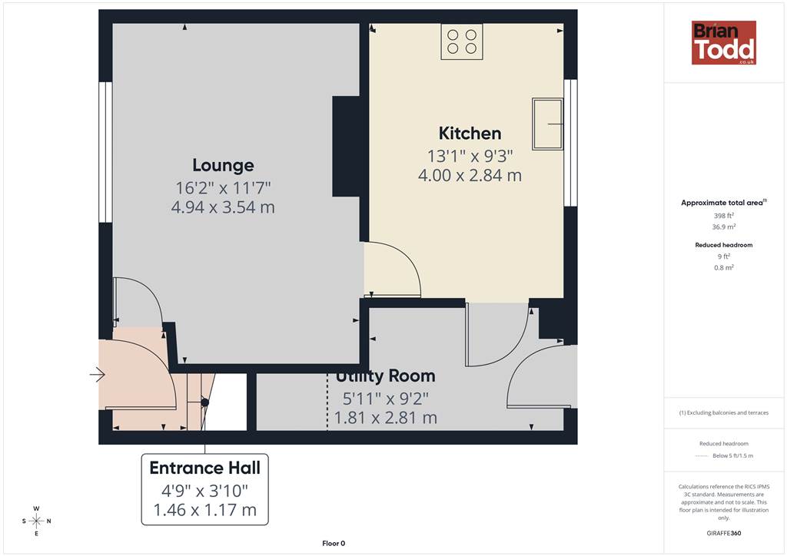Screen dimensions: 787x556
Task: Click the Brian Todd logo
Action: point(724,42)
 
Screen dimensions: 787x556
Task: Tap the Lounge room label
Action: point(223,165)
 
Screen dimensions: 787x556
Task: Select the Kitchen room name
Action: point(470,134)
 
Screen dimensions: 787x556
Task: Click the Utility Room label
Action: point(385,376)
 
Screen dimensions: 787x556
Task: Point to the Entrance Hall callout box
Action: point(204,489)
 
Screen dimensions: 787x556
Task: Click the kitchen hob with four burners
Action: point(462,41)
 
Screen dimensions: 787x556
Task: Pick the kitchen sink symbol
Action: point(547,124)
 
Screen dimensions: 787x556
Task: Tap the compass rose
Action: point(37,521)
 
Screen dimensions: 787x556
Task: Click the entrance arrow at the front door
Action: point(98,375)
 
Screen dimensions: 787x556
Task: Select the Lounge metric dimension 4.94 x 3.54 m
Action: point(223,207)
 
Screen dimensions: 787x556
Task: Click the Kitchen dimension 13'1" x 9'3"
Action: point(470,157)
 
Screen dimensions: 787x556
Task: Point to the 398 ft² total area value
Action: point(724,216)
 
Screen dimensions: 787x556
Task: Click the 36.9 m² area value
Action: point(724,227)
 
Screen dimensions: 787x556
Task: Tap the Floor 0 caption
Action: point(334,544)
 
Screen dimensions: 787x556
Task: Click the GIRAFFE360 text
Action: point(724,533)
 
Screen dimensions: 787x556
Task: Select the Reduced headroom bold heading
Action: point(724,245)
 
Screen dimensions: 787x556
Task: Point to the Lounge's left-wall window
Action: point(105,152)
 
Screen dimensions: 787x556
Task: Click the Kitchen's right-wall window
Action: point(570,143)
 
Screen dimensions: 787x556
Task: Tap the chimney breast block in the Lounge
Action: point(347,147)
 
